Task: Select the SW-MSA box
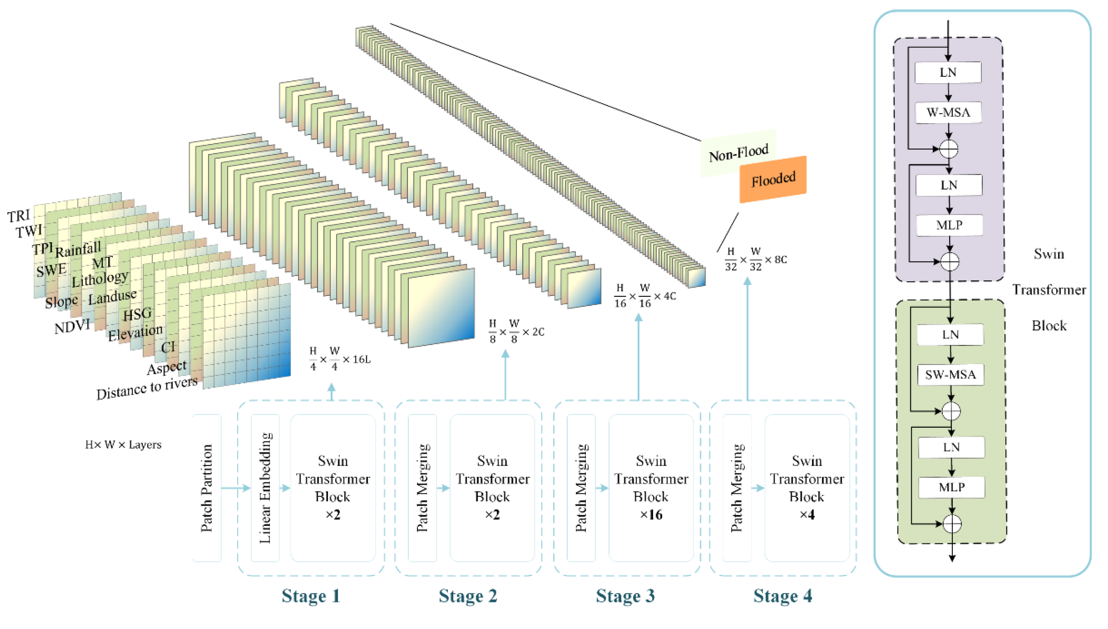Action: [950, 375]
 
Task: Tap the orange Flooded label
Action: [773, 179]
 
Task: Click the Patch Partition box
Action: [207, 488]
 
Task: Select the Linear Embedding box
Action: [265, 488]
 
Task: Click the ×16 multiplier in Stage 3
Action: [651, 515]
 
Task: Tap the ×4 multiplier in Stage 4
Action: [807, 515]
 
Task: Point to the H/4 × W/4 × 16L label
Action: [339, 359]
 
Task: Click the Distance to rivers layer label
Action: [147, 388]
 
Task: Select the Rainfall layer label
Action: [78, 249]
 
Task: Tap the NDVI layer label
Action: [72, 327]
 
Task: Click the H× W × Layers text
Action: [123, 444]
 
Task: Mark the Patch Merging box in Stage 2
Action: [422, 488]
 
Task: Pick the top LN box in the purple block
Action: [948, 72]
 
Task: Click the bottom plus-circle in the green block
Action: [952, 524]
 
